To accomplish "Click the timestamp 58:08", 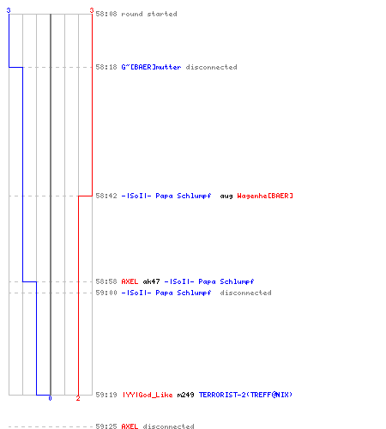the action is pos(106,14).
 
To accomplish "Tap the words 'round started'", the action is pos(149,14).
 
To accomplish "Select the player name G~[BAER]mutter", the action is pos(151,67).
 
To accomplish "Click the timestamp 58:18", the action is pos(106,67).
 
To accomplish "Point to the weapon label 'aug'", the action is pos(226,196).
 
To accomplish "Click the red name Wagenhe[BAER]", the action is pos(265,196).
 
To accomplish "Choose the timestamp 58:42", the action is pos(106,196).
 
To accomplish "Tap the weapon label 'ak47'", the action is pos(151,281).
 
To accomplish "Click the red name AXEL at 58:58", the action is pos(130,281).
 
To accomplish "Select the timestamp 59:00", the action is pos(106,293).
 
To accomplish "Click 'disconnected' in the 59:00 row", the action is pos(245,293).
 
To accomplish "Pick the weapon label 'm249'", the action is pos(185,395).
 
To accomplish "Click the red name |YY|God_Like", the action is pos(148,395).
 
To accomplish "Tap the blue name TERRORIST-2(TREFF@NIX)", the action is pos(245,395).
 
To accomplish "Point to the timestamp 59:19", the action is pos(106,395).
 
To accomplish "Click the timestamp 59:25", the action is pos(106,426).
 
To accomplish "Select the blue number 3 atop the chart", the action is pos(9,10).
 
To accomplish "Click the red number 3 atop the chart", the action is pos(92,10).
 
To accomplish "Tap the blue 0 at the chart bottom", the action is pos(50,398).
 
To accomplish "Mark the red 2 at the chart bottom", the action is pos(78,398).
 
